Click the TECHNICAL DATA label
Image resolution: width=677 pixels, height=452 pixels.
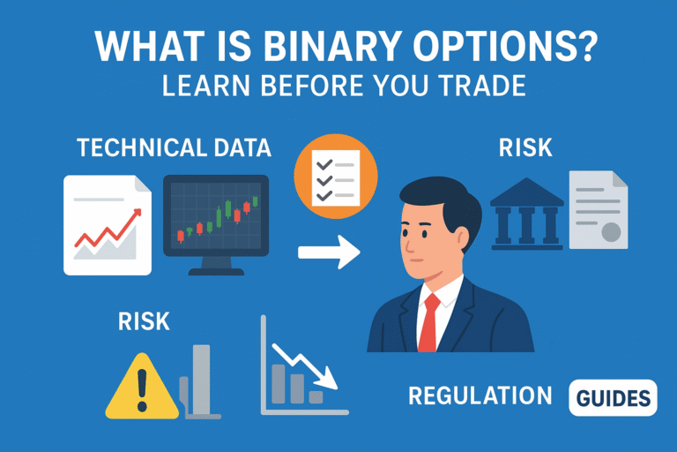173,147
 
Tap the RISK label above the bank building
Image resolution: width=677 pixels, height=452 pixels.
525,147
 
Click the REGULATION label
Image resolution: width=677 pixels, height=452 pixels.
480,397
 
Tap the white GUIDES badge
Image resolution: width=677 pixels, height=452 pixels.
614,398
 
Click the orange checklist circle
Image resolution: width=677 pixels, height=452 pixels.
335,172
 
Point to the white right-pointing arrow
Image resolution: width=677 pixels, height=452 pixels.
329,252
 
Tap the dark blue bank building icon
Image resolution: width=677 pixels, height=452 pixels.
527,212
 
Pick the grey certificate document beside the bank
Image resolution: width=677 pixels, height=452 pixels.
599,213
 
